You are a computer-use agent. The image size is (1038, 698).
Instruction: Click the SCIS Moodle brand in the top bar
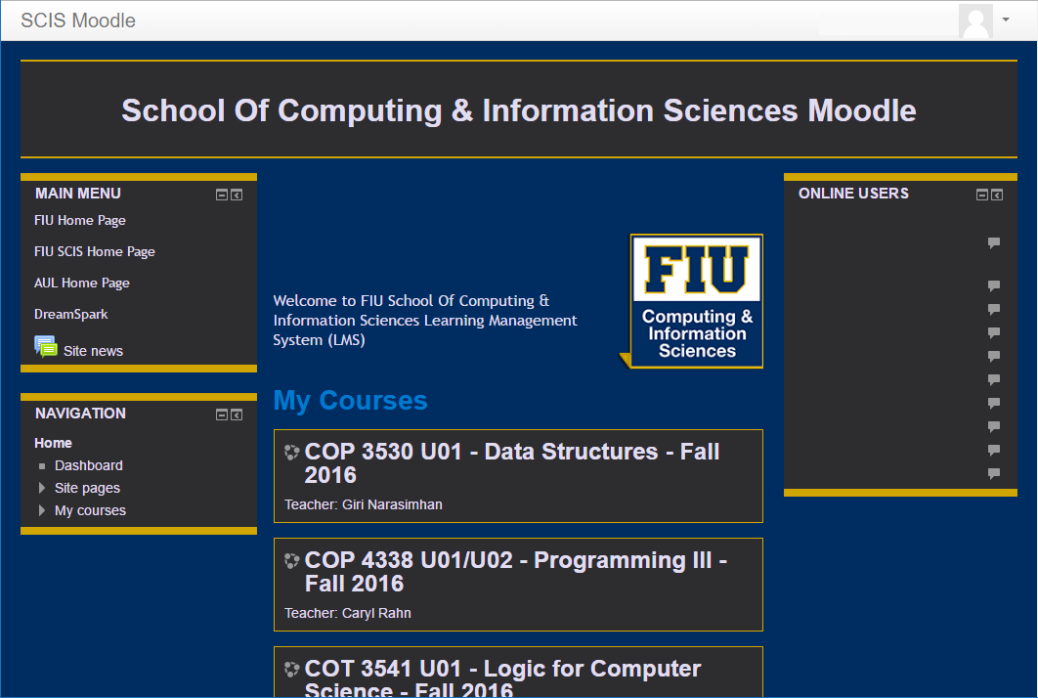[x=78, y=21]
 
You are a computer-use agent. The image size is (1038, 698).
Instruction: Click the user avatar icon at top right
[x=976, y=22]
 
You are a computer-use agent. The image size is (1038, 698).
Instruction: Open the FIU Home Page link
[x=80, y=221]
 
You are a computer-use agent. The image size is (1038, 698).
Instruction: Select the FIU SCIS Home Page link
[x=95, y=252]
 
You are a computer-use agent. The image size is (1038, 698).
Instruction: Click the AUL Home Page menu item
[x=82, y=284]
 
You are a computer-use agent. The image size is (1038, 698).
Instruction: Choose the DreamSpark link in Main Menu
[x=71, y=315]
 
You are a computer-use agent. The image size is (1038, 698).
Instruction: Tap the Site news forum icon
[x=46, y=347]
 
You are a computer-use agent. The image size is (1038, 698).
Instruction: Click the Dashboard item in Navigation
[x=89, y=466]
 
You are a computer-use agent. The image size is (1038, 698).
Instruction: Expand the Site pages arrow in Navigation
[x=42, y=488]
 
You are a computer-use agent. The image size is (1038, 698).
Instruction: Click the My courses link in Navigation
[x=90, y=511]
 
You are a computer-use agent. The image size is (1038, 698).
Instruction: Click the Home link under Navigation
[x=54, y=444]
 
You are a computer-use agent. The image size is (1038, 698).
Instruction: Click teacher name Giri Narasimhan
[x=392, y=505]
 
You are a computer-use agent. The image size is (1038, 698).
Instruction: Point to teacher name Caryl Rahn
[x=376, y=614]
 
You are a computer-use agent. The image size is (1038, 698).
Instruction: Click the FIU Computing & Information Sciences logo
[x=696, y=301]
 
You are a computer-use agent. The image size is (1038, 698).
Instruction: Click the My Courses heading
[x=350, y=401]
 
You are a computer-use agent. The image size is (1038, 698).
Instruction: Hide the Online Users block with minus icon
[x=982, y=196]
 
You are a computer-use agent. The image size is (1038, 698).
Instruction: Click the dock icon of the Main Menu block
[x=237, y=196]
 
